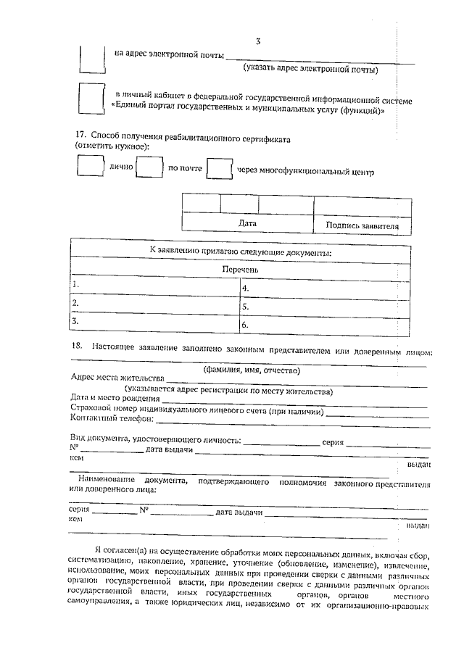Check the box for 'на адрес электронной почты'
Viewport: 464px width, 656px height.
tap(91, 58)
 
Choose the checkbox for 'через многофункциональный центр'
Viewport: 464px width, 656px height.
tap(219, 168)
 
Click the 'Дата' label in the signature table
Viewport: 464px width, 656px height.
tap(247, 224)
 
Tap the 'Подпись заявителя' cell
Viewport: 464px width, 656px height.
tap(362, 225)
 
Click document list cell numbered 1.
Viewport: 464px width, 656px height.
tap(154, 287)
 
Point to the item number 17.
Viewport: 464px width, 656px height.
tap(81, 135)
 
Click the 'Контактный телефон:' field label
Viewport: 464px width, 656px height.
tap(112, 418)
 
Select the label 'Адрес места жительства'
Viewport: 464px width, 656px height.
tap(117, 378)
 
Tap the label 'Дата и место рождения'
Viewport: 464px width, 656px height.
tap(115, 398)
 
